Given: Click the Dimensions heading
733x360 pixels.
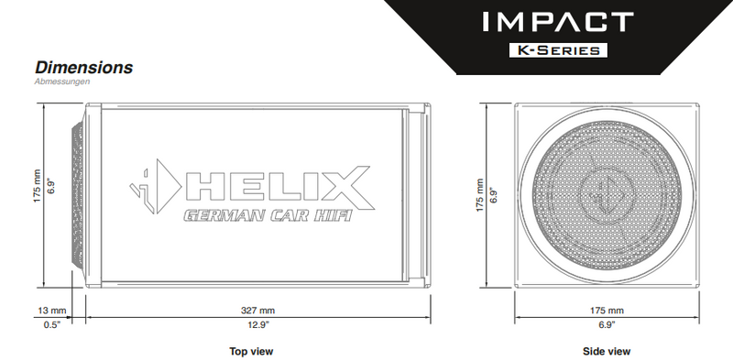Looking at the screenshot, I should pos(83,68).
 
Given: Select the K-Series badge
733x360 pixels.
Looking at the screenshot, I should pos(559,49).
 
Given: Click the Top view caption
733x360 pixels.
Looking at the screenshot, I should pos(251,351).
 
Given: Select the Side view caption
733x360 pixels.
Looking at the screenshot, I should pos(607,351).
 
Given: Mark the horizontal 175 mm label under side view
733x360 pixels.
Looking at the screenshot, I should pos(607,311).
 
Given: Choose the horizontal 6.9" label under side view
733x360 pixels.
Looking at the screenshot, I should pos(607,325).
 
